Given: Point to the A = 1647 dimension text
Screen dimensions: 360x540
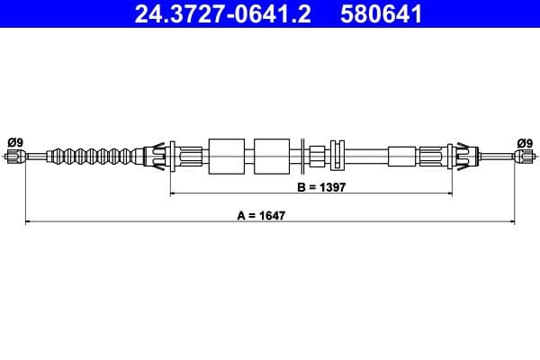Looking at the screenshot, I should coord(269,215).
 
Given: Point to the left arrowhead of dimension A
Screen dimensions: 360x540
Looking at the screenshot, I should coord(26,220).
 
